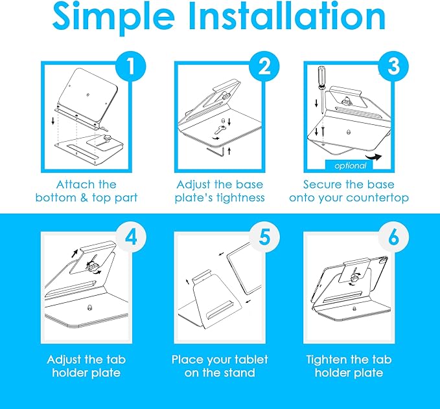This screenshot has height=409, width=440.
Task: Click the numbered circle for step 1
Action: click(x=131, y=67)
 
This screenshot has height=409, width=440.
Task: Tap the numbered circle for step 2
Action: click(x=264, y=67)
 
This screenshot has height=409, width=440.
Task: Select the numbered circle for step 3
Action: click(x=393, y=67)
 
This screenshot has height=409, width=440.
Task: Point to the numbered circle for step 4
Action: click(x=131, y=237)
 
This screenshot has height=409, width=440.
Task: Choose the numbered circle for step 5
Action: click(x=264, y=237)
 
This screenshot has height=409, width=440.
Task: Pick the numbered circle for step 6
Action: click(x=393, y=237)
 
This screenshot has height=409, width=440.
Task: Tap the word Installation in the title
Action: click(x=287, y=16)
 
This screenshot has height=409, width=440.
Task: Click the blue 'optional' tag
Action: click(x=349, y=165)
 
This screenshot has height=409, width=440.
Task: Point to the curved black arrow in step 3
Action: click(x=375, y=157)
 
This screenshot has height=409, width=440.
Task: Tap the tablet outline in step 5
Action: click(x=245, y=268)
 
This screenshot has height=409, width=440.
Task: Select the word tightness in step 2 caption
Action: click(x=240, y=198)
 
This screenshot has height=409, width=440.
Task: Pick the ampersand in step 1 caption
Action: click(x=84, y=197)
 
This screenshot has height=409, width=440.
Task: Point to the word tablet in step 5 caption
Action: click(x=251, y=360)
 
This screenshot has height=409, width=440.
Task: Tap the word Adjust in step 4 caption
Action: click(x=63, y=360)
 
